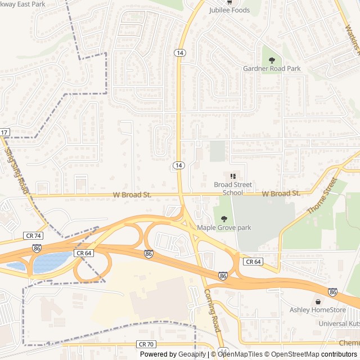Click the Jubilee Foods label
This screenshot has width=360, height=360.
229,10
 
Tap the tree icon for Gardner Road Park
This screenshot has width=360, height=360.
272,60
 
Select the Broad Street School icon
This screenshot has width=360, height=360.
233,176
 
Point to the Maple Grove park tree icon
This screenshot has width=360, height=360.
224,219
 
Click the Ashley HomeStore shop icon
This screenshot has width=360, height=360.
318,301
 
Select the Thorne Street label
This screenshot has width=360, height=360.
321,196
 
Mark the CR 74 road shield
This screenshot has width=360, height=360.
33,236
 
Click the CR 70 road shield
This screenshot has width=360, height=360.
145,344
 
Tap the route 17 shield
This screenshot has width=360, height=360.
4,132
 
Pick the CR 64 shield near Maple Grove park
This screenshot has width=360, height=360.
253,262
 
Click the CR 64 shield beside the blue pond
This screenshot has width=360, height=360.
84,253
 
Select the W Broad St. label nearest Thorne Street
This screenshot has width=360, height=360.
281,193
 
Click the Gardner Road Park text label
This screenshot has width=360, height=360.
272,69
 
